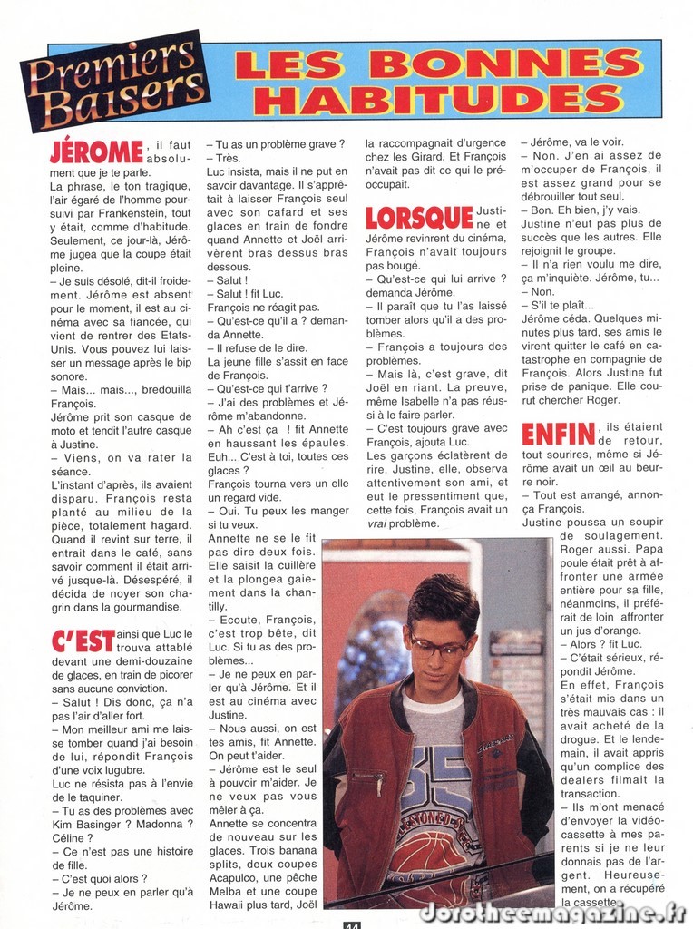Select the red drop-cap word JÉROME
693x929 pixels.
pos(97,152)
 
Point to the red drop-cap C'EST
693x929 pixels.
pos(83,640)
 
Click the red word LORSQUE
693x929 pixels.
pos(418,217)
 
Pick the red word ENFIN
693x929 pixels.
pos(558,434)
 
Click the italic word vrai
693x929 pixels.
pos(378,523)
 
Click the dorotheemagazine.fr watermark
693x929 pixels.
pos(552,912)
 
